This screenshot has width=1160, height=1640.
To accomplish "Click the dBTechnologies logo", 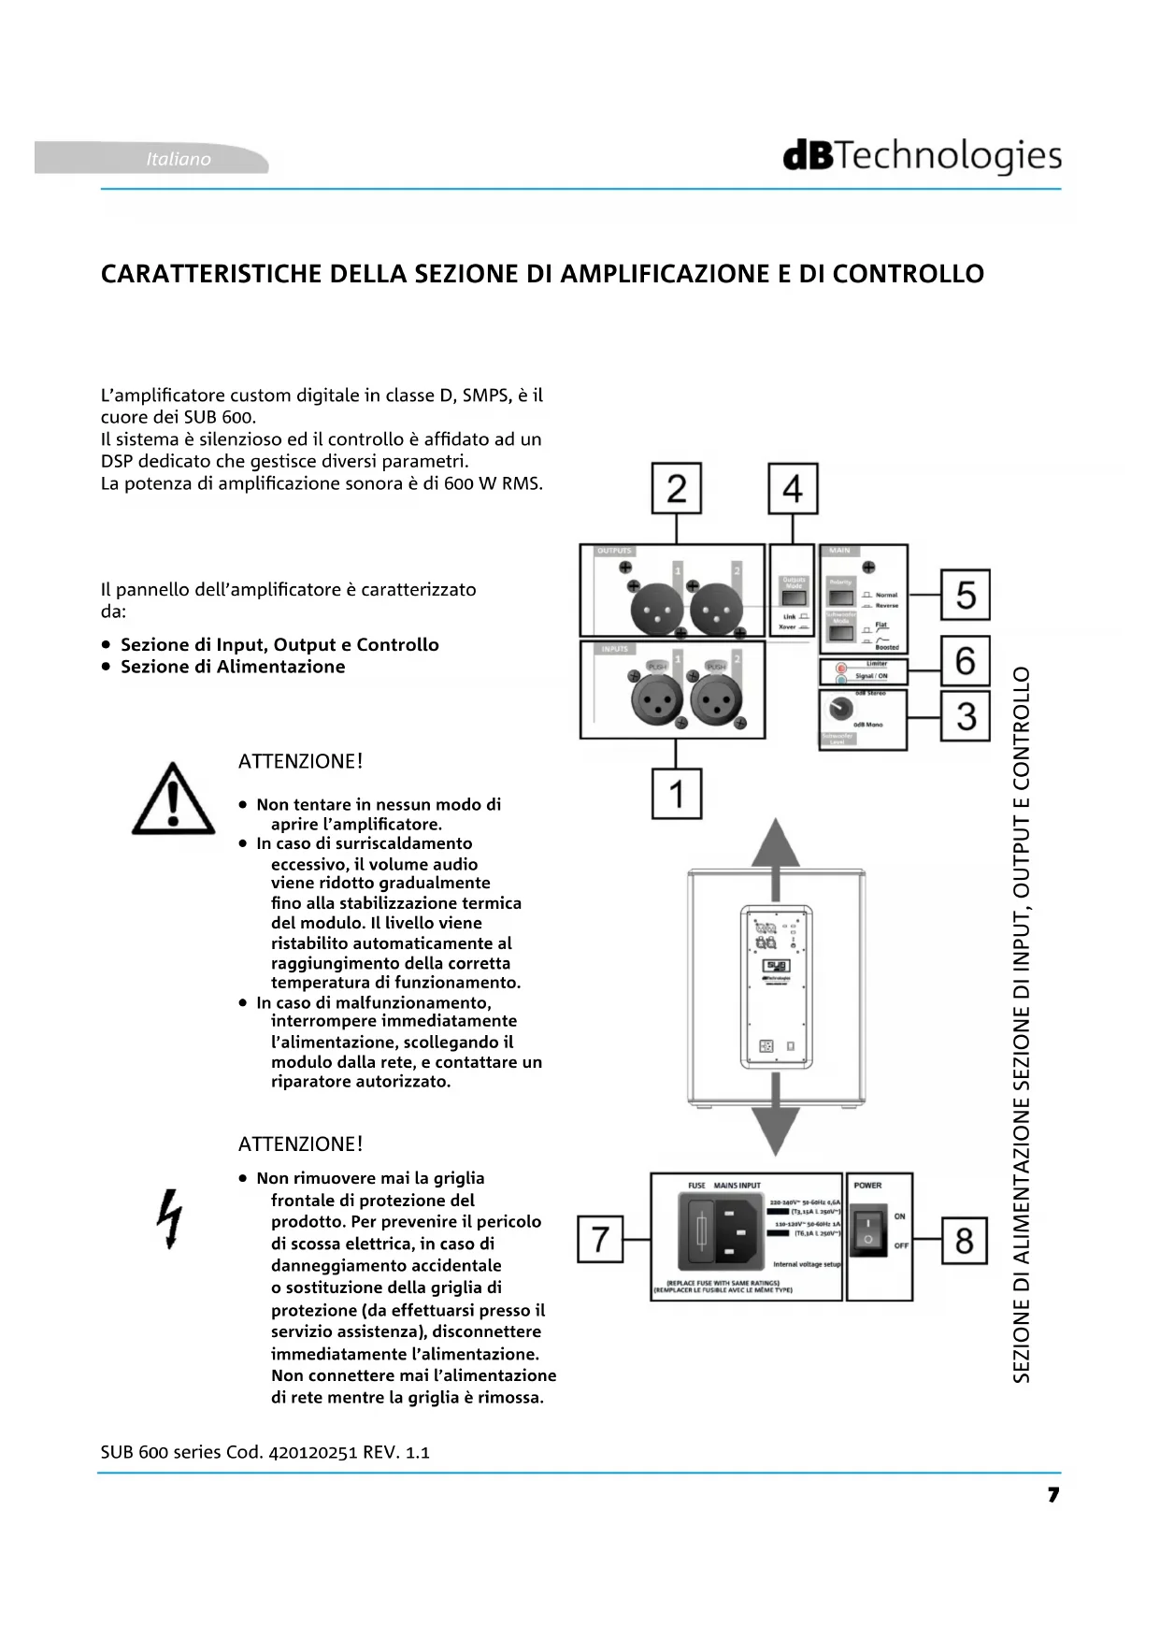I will coord(922,157).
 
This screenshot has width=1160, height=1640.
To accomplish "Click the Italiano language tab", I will coord(178,159).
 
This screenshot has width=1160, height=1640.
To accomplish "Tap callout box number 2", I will coord(676,488).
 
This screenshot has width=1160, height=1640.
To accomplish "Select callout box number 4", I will coord(793,488).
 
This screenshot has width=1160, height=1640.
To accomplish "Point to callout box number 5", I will coord(965,595).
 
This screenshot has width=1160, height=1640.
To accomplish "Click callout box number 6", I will coord(965,660).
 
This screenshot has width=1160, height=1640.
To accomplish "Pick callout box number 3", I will coord(965,717).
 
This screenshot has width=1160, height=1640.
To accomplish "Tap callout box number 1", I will coord(676,794).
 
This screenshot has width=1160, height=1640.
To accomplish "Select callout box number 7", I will coord(600,1239).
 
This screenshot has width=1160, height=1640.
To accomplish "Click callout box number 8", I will coord(964,1240).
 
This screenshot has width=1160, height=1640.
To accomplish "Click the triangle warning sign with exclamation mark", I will coord(173,799).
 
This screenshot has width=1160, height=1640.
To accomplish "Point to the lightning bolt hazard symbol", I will coord(170,1218).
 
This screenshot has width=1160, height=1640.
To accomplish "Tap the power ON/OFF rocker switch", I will coord(868,1230).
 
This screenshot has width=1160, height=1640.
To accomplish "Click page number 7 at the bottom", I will coord(1053,1495).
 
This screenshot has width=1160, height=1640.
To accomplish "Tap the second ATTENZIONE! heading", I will coord(300,1144).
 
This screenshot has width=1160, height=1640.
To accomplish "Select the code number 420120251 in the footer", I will coord(313,1452).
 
